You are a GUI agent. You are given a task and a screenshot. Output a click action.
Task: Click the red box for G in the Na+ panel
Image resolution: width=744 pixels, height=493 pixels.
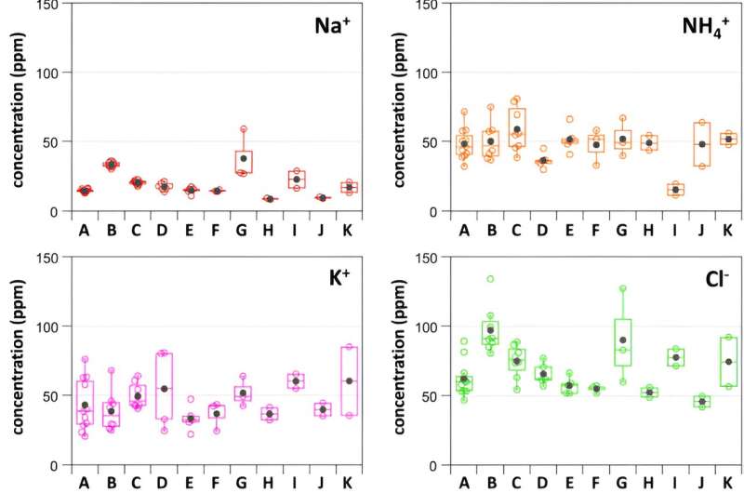click(244, 162)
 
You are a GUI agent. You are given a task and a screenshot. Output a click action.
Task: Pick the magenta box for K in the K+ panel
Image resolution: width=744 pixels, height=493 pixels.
click(350, 381)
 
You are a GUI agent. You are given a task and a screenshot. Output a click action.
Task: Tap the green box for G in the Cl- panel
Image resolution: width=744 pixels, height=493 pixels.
click(622, 343)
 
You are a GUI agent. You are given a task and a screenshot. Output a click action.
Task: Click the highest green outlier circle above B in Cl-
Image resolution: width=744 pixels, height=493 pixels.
click(490, 279)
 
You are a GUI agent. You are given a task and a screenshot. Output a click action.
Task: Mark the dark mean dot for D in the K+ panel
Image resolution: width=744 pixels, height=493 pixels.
click(165, 389)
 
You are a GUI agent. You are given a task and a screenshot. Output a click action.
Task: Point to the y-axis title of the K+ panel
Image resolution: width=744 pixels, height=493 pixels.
click(18, 359)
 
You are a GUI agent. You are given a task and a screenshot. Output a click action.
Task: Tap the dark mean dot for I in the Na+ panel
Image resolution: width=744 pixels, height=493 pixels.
click(297, 180)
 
